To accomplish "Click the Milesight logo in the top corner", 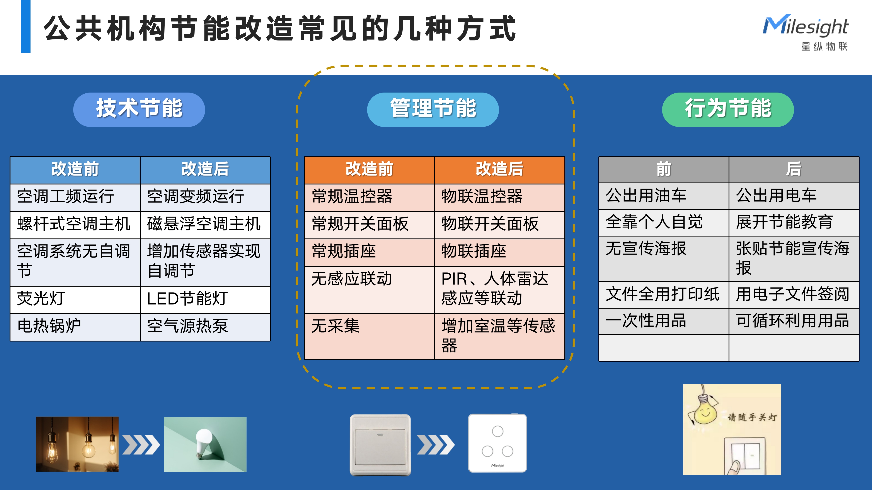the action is (x=806, y=32).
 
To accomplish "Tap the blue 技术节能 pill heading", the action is (x=139, y=110).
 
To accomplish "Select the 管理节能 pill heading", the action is (x=433, y=110).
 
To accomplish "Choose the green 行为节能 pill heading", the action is (x=728, y=110).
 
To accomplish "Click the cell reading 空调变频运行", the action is (x=205, y=198).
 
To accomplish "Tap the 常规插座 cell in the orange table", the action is (x=369, y=252).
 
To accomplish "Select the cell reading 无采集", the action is (x=369, y=336).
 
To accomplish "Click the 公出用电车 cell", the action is (x=794, y=196).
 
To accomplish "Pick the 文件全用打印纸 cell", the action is (x=663, y=294).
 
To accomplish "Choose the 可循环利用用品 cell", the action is (x=794, y=321).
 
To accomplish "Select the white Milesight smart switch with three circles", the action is (x=497, y=443).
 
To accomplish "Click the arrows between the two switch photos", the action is (x=436, y=445).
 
